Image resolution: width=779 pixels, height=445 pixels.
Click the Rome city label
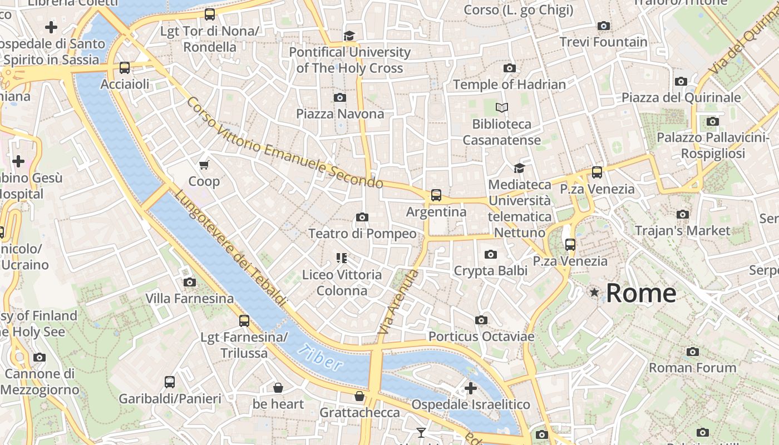641,293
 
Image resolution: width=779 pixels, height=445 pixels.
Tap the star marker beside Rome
594,292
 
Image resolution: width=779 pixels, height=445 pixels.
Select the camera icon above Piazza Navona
339,98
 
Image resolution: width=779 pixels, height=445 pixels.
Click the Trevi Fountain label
603,42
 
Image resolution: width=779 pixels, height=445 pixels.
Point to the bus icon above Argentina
436,195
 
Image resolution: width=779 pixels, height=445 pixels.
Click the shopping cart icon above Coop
204,165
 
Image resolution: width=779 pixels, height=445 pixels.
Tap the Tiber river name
320,357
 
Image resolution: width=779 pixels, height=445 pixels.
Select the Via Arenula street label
398,302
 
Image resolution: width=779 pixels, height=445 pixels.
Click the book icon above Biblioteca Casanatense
502,107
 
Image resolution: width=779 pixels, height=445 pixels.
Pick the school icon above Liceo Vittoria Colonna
342,258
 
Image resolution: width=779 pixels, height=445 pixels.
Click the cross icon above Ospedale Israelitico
471,388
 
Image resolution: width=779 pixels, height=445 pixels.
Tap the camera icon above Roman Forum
693,352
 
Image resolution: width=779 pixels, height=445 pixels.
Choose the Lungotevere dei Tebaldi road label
231,249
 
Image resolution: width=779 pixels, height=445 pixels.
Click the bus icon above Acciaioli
125,68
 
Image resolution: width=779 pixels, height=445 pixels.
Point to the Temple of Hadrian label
509,85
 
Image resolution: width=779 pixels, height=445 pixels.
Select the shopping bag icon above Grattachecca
359,396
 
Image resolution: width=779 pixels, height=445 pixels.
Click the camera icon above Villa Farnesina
190,283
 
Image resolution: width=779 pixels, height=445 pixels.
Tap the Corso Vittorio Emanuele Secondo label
285,144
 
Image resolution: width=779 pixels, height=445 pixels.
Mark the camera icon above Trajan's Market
683,214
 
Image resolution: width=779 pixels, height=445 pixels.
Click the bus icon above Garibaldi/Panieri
170,382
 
